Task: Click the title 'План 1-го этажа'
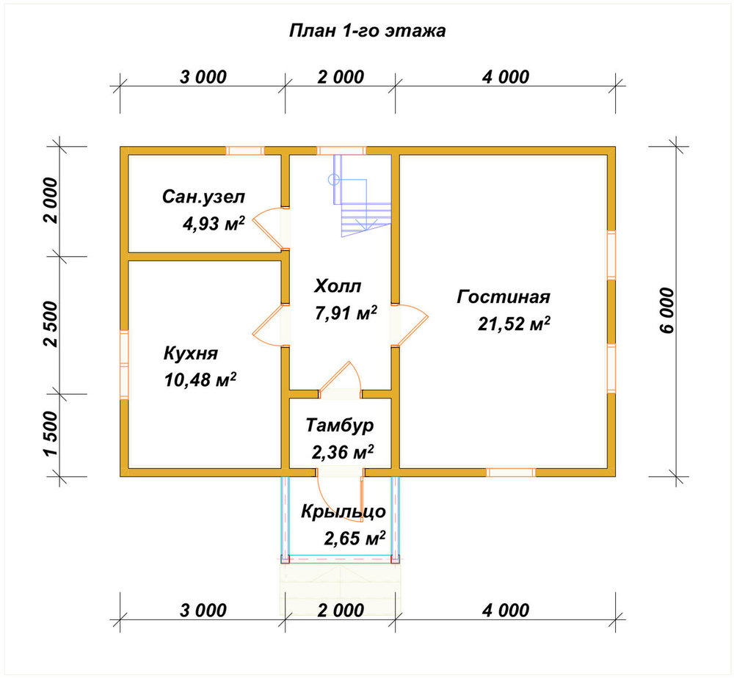click(368, 31)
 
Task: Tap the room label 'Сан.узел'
click(203, 197)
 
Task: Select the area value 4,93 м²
click(214, 224)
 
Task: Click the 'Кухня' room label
click(191, 353)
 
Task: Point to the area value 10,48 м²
click(200, 379)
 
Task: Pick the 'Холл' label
click(338, 286)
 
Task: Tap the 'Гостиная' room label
click(504, 297)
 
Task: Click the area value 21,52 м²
click(514, 324)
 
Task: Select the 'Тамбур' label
click(340, 426)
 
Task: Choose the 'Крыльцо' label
click(343, 512)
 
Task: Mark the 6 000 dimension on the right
click(668, 310)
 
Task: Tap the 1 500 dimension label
click(51, 434)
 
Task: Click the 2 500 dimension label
click(51, 324)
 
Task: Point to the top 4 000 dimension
click(506, 77)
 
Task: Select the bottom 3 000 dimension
click(203, 610)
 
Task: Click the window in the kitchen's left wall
click(124, 365)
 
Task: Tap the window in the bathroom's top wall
click(245, 150)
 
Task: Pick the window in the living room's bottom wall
click(511, 472)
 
